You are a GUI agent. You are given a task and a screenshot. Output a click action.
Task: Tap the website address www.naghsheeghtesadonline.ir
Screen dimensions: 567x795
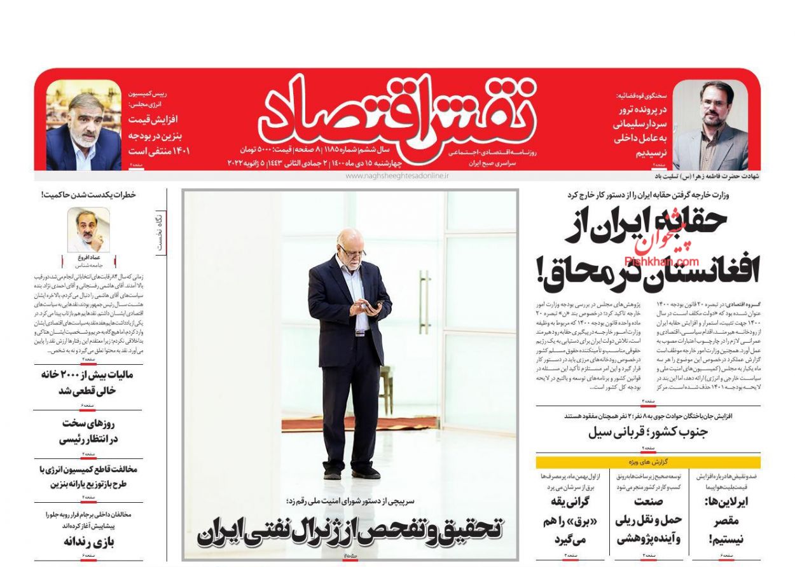tap(397, 176)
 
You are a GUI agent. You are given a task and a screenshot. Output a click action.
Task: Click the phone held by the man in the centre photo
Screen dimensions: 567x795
tap(377, 305)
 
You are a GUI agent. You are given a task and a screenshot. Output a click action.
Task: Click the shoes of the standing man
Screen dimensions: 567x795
tap(350, 473)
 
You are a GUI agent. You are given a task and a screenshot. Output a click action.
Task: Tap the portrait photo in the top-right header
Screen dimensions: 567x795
tap(710, 125)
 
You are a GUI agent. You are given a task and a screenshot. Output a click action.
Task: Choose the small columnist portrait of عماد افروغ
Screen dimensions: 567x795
tap(88, 230)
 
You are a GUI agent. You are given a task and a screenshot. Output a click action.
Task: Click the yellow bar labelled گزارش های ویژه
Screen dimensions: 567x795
tap(647, 462)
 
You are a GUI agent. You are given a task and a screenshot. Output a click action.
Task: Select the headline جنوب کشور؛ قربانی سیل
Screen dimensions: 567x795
tap(649, 433)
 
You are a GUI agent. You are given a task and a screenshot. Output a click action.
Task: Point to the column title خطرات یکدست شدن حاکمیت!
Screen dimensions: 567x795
tap(88, 195)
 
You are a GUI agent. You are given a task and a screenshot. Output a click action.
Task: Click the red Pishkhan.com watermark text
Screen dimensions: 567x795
tap(661, 261)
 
